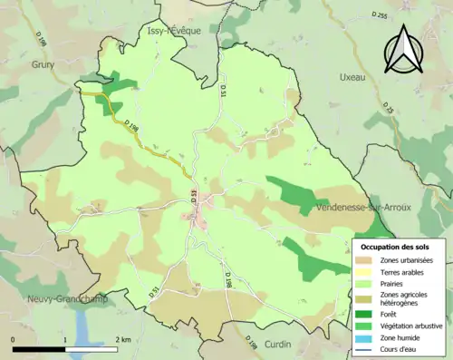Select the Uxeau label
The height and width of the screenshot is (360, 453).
[351, 78]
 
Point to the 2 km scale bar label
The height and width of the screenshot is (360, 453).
[122, 339]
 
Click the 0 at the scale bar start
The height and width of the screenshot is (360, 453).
[14, 339]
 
